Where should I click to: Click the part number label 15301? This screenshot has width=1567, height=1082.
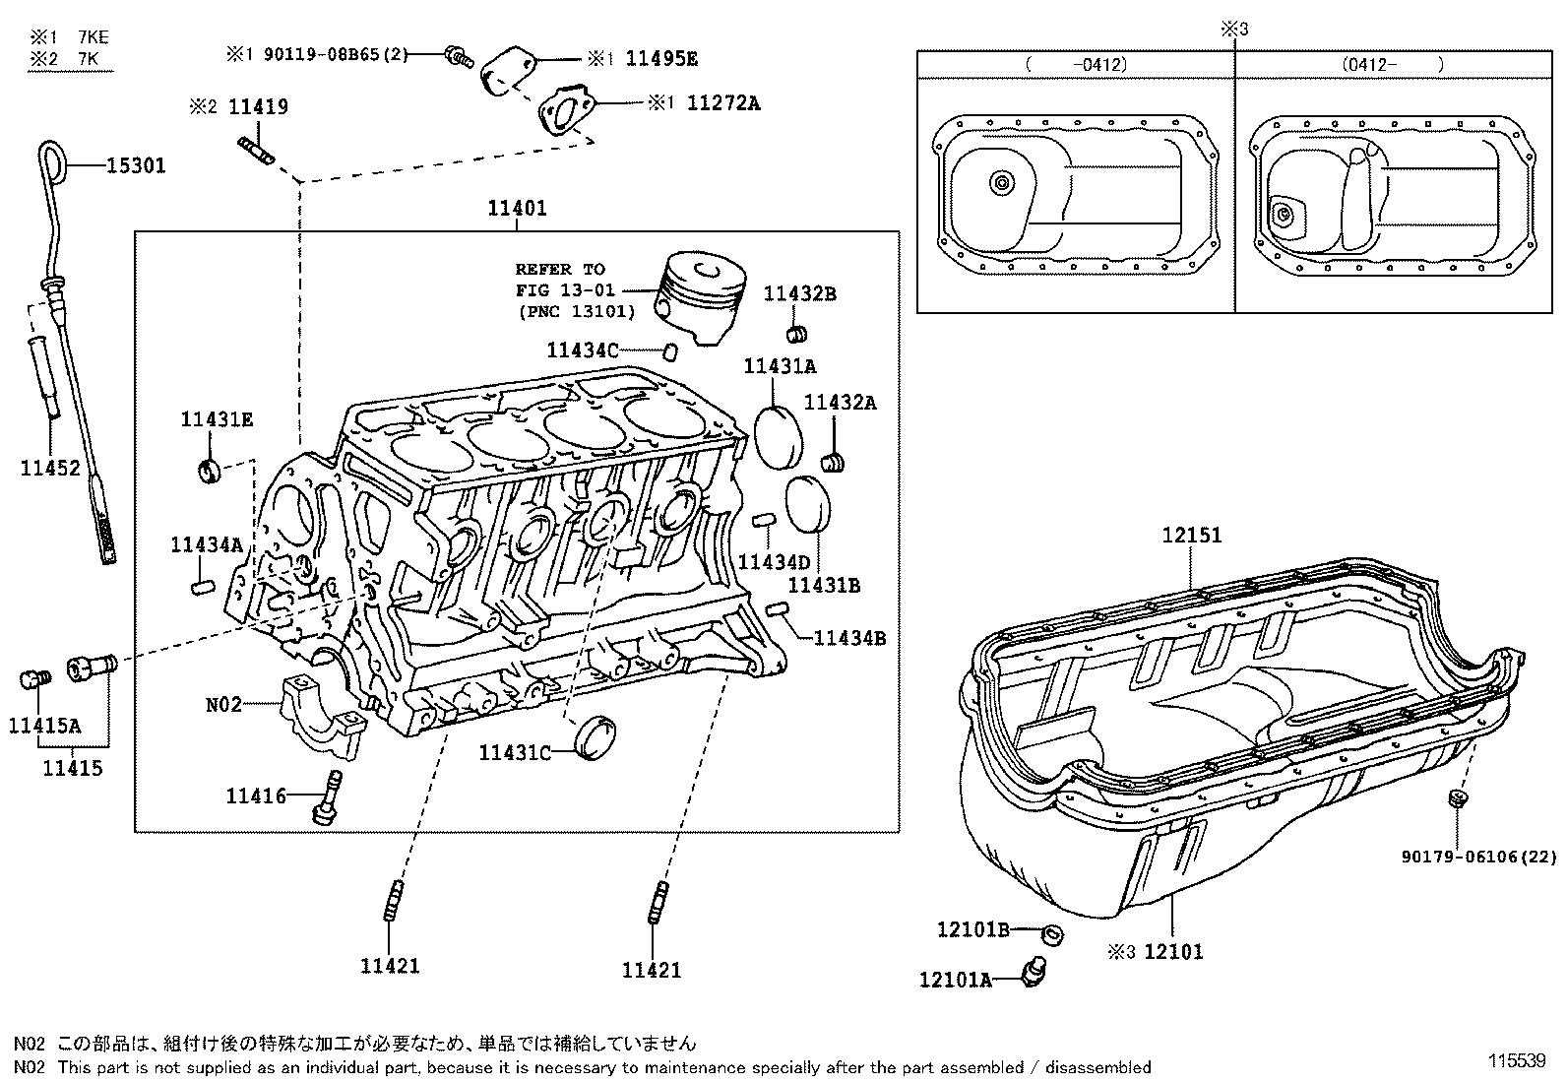[136, 165]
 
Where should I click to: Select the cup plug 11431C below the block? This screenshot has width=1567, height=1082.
[594, 737]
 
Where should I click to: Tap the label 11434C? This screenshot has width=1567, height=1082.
[583, 350]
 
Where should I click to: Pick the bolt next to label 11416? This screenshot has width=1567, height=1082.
[329, 796]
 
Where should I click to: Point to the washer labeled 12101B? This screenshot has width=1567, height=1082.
[1052, 933]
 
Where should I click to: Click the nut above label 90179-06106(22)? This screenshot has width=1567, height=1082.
[1459, 796]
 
